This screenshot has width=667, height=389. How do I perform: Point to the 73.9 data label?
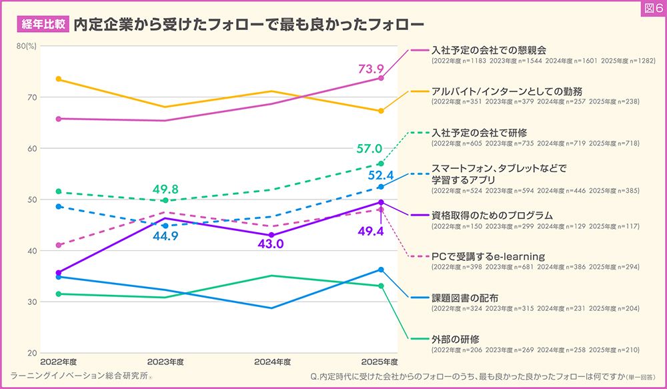(372, 69)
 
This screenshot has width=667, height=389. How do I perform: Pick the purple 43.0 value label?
(269, 245)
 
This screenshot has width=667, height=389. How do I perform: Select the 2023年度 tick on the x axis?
(165, 362)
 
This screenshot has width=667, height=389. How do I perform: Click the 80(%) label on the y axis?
(26, 45)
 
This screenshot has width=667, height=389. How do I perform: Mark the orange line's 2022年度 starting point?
(59, 79)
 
